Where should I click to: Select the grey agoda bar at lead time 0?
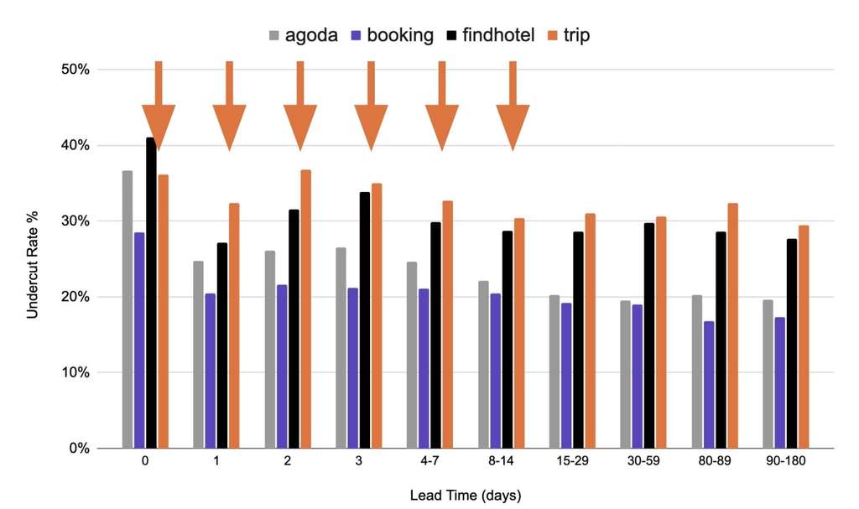point(128,309)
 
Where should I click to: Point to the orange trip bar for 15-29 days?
point(590,330)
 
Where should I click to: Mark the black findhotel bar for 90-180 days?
point(792,343)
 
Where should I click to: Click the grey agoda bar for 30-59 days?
point(625,374)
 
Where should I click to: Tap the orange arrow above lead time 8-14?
point(513,109)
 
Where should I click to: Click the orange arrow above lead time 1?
point(229,109)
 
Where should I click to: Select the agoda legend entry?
point(303,35)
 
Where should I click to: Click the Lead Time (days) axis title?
point(465,495)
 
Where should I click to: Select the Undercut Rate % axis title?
point(33,261)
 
